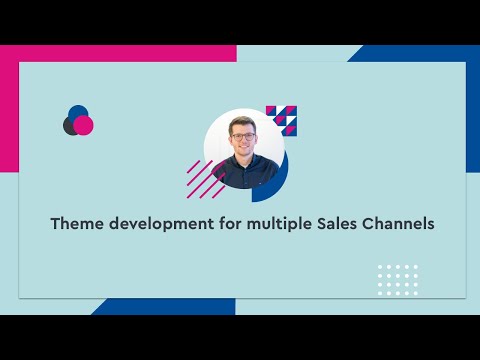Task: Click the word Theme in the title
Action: [75, 224]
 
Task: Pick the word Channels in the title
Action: [399, 224]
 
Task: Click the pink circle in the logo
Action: [84, 125]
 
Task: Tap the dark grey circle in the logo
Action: [70, 126]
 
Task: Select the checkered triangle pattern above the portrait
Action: [284, 119]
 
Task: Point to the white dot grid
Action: [397, 279]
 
